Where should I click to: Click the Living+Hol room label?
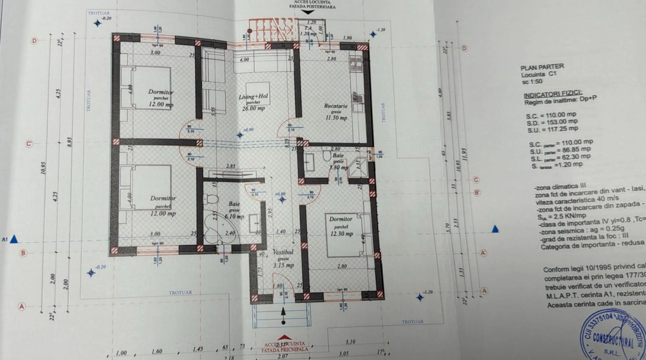click(x=256, y=96)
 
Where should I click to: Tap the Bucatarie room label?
click(x=335, y=105)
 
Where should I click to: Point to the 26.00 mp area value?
click(x=254, y=108)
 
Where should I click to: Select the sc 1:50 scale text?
click(x=533, y=81)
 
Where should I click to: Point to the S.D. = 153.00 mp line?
click(x=551, y=121)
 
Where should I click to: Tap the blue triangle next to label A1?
click(x=15, y=239)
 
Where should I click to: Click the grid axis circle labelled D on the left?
click(x=35, y=41)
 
